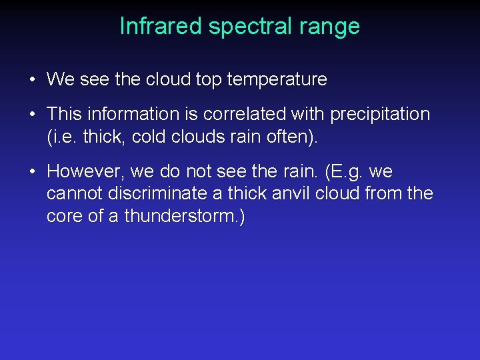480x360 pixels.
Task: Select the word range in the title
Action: (x=329, y=26)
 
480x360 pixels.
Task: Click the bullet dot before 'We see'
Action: (x=32, y=80)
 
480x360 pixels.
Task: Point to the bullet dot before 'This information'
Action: (x=32, y=115)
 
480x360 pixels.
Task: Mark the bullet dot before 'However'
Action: (x=32, y=172)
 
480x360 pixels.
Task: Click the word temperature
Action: (x=277, y=80)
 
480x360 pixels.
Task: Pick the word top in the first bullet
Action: (x=207, y=80)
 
